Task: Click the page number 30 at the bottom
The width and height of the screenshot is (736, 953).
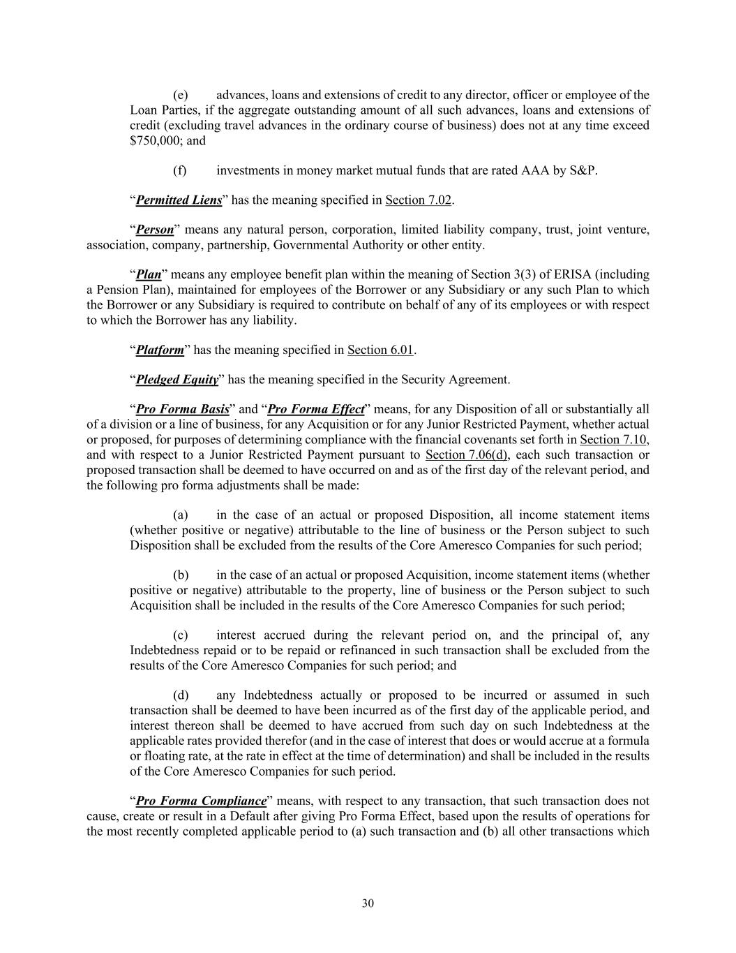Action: tap(368, 903)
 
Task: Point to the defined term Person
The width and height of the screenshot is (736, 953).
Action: tap(155, 230)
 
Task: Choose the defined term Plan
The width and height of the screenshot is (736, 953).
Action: tap(148, 274)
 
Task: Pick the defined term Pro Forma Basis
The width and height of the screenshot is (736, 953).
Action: tap(183, 409)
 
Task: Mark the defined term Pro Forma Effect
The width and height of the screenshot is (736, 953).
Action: tap(316, 409)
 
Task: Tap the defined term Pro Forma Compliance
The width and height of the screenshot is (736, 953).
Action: tap(202, 801)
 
